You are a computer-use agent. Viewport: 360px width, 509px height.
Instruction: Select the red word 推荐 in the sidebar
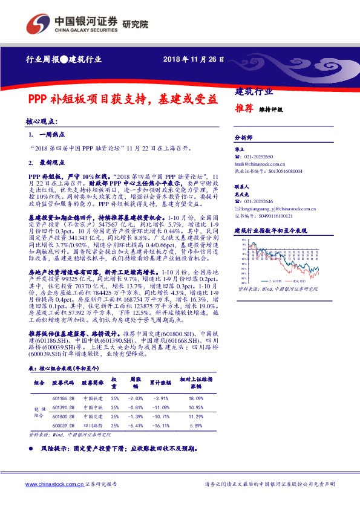[x=244, y=109]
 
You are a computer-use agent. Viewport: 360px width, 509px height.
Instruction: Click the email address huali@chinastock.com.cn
[x=260, y=163]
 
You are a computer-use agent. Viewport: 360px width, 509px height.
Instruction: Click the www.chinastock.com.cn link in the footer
[x=54, y=484]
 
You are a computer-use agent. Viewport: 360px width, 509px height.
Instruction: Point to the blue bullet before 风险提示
[x=31, y=449]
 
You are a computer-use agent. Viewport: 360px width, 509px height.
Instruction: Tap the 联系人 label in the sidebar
[x=241, y=187]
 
